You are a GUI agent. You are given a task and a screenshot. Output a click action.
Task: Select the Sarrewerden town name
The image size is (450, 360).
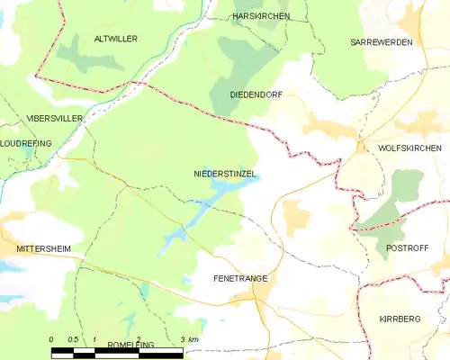point(381,42)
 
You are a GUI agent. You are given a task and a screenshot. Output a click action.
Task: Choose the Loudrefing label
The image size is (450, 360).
point(26,143)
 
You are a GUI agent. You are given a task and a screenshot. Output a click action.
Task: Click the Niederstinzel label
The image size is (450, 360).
point(225,171)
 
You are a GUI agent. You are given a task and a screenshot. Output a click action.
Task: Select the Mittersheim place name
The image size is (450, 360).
point(43,247)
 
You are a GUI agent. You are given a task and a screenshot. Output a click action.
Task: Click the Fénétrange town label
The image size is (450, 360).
point(240,279)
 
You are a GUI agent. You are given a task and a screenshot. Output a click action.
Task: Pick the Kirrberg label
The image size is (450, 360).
point(400,319)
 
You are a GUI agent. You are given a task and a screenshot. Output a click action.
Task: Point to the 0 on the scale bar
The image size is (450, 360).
point(52,339)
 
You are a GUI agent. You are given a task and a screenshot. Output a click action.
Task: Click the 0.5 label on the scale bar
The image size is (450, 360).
point(74,339)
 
